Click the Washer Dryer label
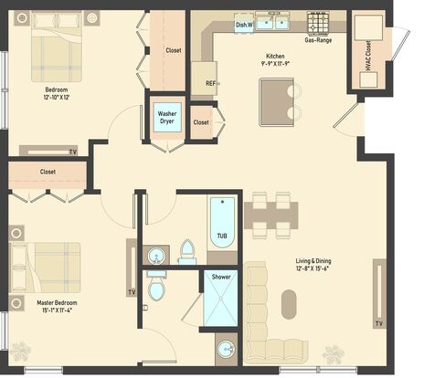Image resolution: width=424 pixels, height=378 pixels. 167,118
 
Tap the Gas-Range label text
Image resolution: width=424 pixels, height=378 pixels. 318,40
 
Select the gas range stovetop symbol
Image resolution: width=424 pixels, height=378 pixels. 318,22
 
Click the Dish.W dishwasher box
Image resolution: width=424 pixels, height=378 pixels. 244,25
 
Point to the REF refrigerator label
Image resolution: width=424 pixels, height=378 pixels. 211,83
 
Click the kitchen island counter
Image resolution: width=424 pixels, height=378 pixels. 276,102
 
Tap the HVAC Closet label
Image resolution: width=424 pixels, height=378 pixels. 368,56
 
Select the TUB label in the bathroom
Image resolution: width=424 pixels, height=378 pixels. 222,236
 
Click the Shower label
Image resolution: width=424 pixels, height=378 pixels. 221,277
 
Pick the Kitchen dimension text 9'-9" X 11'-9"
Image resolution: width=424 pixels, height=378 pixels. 275,63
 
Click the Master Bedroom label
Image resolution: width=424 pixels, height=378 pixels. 57,303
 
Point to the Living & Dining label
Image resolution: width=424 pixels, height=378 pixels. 313,261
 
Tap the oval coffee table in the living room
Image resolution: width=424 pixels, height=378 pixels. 289,304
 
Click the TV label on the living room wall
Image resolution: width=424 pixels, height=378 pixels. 379,323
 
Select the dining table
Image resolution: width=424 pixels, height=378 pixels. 270,215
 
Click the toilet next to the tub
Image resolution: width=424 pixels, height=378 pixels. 187,252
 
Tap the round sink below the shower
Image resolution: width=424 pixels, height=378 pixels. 226,350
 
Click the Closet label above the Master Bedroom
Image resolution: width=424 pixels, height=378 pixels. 48,172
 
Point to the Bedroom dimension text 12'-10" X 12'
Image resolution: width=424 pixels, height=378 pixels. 57,98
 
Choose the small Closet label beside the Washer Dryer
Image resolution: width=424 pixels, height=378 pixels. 201,122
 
